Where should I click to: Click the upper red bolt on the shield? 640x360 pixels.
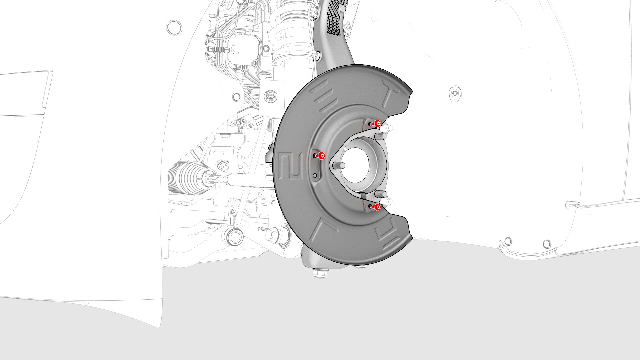pyautogui.click(x=377, y=124)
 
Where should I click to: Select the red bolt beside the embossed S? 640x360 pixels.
pyautogui.click(x=321, y=156)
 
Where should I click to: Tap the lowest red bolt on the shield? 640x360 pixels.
pyautogui.click(x=377, y=207)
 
